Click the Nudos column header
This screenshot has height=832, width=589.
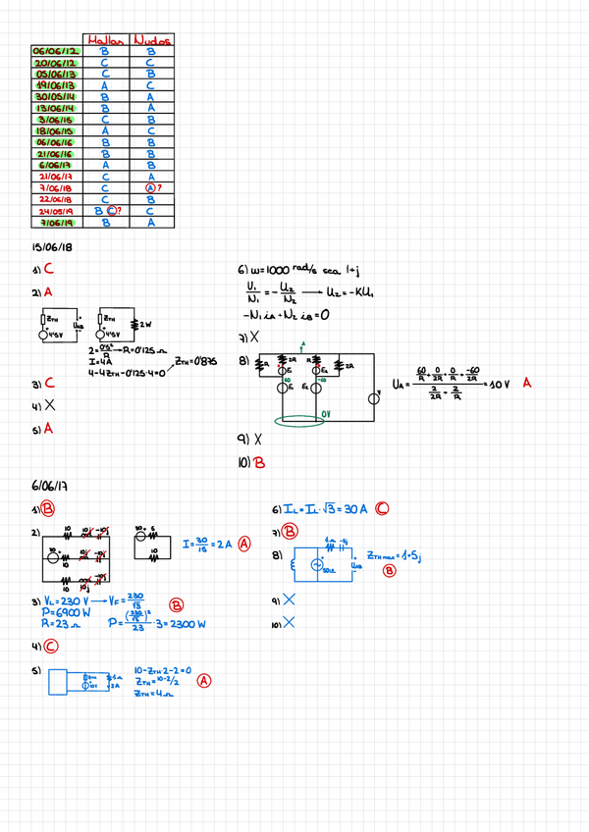click(x=151, y=40)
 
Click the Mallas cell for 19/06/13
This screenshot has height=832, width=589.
click(x=103, y=85)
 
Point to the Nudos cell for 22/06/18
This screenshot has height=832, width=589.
click(x=151, y=199)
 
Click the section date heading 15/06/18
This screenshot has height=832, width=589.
click(x=53, y=248)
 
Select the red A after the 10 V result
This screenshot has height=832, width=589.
click(x=527, y=384)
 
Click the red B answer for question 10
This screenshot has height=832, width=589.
click(x=259, y=462)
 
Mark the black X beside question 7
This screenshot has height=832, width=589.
click(x=255, y=337)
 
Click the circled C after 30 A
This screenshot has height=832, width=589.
click(x=381, y=508)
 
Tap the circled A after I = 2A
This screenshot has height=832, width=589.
click(x=243, y=544)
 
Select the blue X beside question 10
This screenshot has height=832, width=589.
click(x=289, y=621)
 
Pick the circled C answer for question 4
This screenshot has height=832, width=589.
click(x=49, y=646)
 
